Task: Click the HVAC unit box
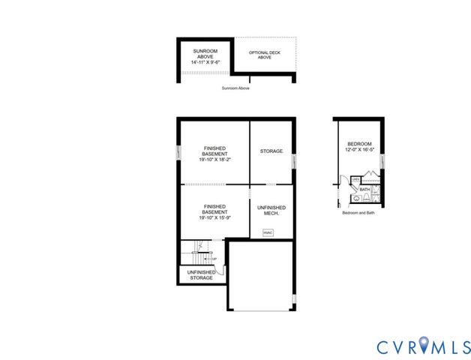(x=267, y=232)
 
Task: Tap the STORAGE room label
(x=271, y=151)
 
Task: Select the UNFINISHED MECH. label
(x=271, y=211)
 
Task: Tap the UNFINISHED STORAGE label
(x=200, y=275)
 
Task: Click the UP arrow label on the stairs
(x=214, y=259)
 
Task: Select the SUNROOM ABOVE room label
(x=205, y=54)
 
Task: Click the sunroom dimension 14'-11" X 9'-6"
(x=205, y=63)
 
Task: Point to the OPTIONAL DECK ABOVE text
(x=265, y=55)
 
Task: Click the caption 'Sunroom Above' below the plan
(x=235, y=88)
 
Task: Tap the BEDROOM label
(x=359, y=144)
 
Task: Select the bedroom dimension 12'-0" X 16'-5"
(x=359, y=150)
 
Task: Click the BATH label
(x=364, y=190)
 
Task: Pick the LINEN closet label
(x=355, y=180)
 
